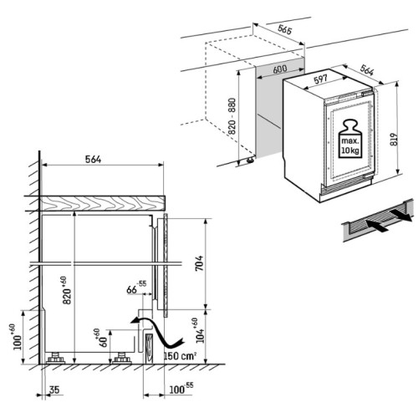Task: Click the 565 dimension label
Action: click(x=284, y=29)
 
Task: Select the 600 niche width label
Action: click(x=279, y=69)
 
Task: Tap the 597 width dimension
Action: click(x=320, y=79)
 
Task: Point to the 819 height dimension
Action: click(x=394, y=140)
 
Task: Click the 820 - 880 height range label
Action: click(x=232, y=116)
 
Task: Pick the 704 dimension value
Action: click(x=199, y=263)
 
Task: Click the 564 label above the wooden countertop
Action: click(x=93, y=160)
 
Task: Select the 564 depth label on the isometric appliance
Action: click(x=367, y=70)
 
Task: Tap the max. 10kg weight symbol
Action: click(x=349, y=139)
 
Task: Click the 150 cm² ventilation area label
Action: click(x=180, y=356)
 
